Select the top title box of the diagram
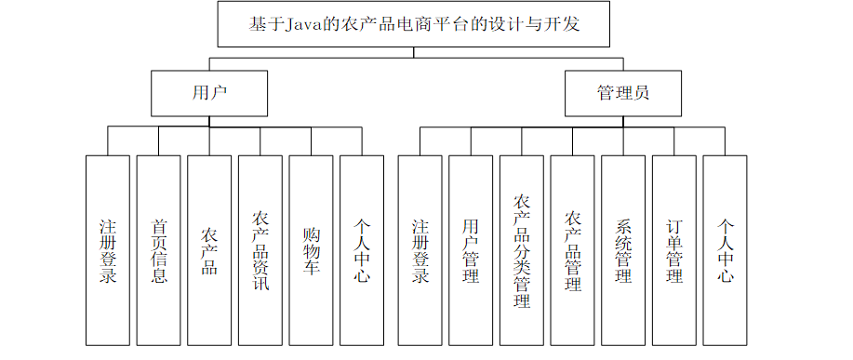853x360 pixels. (413, 24)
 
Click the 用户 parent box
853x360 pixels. (209, 94)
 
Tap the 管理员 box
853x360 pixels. (623, 94)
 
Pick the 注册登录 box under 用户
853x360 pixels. (108, 250)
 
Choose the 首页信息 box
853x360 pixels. (158, 250)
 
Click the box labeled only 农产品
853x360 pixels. (209, 250)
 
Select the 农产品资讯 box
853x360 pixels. (260, 250)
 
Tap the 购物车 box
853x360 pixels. (312, 250)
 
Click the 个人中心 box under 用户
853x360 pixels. (362, 250)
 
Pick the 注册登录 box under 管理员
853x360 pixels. (420, 250)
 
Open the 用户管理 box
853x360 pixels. (471, 250)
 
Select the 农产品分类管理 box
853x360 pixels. (522, 250)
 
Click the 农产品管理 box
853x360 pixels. (572, 250)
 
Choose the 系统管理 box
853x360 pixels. (623, 250)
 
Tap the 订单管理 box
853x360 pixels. (674, 250)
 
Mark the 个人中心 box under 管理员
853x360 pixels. (726, 250)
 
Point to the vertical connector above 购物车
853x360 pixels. (312, 141)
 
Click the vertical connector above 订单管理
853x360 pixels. (674, 141)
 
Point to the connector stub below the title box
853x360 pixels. (413, 52)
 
